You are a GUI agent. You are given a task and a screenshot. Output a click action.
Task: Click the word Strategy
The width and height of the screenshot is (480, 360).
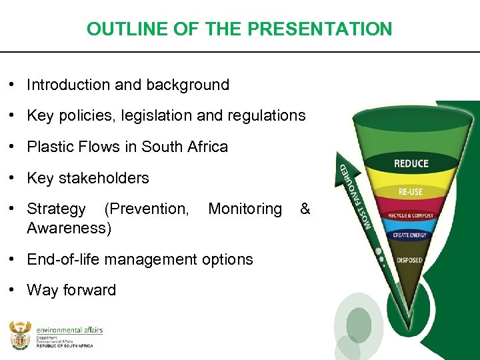pos(56,209)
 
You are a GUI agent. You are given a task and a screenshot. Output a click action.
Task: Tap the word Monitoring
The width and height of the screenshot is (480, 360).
pos(245,209)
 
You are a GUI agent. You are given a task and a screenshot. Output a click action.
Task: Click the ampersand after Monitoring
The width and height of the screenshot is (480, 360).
pos(305,209)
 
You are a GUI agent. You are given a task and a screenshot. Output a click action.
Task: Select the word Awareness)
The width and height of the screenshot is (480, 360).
pos(69,229)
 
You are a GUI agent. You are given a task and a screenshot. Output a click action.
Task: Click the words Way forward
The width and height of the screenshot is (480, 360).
pos(71,290)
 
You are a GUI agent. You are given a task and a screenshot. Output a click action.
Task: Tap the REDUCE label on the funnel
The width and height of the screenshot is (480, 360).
pos(411,164)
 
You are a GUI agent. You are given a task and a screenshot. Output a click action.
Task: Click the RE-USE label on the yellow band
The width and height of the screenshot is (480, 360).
pos(410,191)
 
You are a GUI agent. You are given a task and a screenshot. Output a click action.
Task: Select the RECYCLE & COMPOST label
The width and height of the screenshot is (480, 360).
pos(410,215)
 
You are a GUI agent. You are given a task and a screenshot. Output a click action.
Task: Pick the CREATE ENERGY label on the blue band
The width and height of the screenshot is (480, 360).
pos(410,235)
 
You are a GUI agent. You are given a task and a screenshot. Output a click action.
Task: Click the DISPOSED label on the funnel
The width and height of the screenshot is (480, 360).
pos(409,259)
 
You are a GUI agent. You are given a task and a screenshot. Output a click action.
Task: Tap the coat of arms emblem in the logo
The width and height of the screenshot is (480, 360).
pos(20,335)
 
